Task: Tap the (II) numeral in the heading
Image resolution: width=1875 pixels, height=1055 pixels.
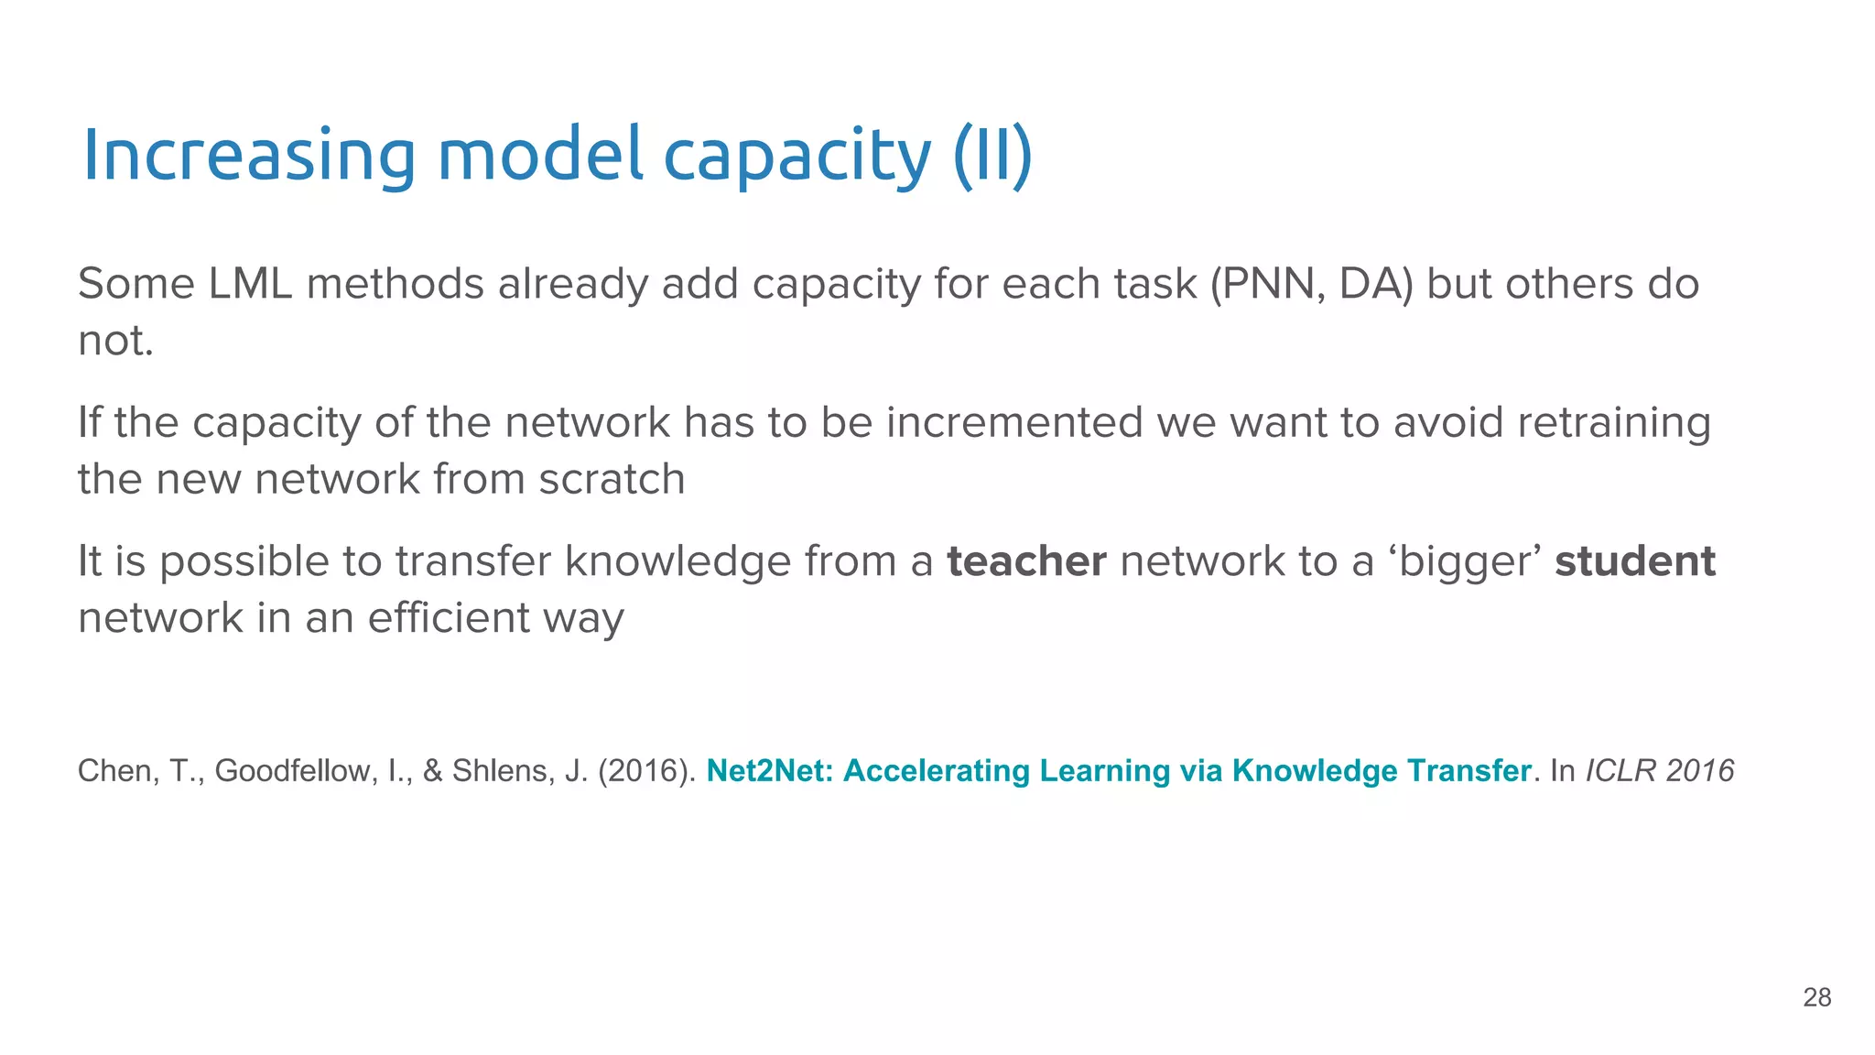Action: point(992,156)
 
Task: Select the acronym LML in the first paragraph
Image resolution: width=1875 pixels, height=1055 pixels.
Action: point(250,284)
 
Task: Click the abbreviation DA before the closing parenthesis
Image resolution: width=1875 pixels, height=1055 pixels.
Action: point(1370,284)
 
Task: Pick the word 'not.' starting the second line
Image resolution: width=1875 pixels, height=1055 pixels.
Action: point(115,341)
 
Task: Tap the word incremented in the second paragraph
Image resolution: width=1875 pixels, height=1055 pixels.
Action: point(1014,423)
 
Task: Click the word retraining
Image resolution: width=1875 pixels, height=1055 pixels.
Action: point(1613,423)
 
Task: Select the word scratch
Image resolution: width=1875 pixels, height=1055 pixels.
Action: point(612,479)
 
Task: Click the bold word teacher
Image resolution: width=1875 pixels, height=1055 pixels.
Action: point(1026,561)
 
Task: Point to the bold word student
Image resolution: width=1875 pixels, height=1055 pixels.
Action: point(1635,561)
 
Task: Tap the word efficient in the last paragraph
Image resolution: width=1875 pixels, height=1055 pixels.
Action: point(448,618)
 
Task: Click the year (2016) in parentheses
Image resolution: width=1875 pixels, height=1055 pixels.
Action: point(646,771)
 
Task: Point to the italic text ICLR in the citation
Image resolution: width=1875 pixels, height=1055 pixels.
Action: point(1620,771)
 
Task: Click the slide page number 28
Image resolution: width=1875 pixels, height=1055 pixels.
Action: point(1816,997)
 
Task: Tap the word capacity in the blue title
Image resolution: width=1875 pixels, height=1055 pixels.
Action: point(797,156)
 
